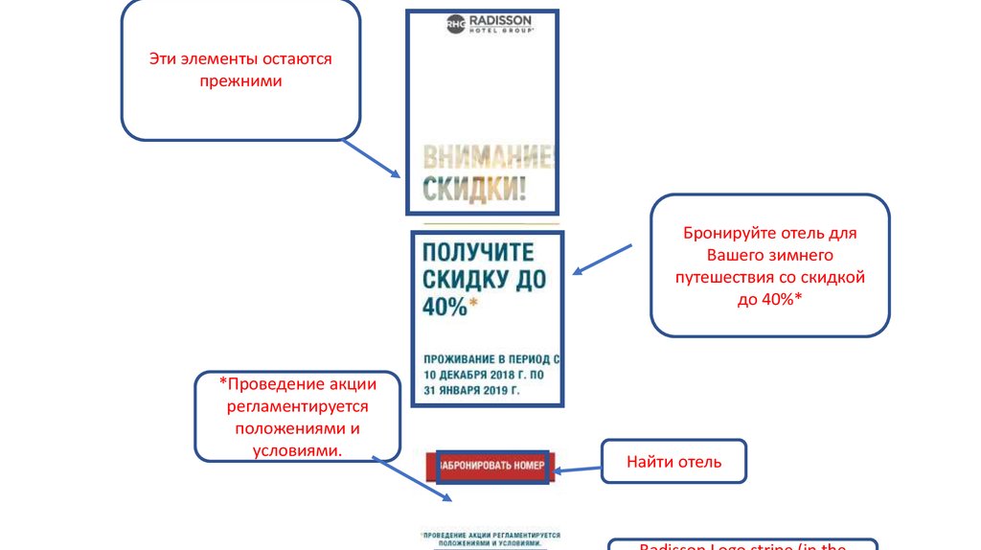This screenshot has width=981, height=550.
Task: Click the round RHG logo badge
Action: [x=456, y=25]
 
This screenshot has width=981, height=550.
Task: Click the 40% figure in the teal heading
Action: [x=445, y=306]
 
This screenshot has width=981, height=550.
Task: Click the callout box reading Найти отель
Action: [x=673, y=463]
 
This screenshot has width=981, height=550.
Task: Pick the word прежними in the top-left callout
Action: [x=240, y=81]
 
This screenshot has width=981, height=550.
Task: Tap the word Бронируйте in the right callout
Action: [x=726, y=234]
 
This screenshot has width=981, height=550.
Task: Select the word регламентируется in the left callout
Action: [x=297, y=406]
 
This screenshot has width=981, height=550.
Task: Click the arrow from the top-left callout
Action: [x=372, y=159]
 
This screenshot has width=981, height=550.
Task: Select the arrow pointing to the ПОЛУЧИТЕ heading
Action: [x=603, y=260]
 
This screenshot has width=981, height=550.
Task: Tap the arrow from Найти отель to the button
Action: [x=577, y=470]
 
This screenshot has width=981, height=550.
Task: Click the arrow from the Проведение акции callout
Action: [x=412, y=479]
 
